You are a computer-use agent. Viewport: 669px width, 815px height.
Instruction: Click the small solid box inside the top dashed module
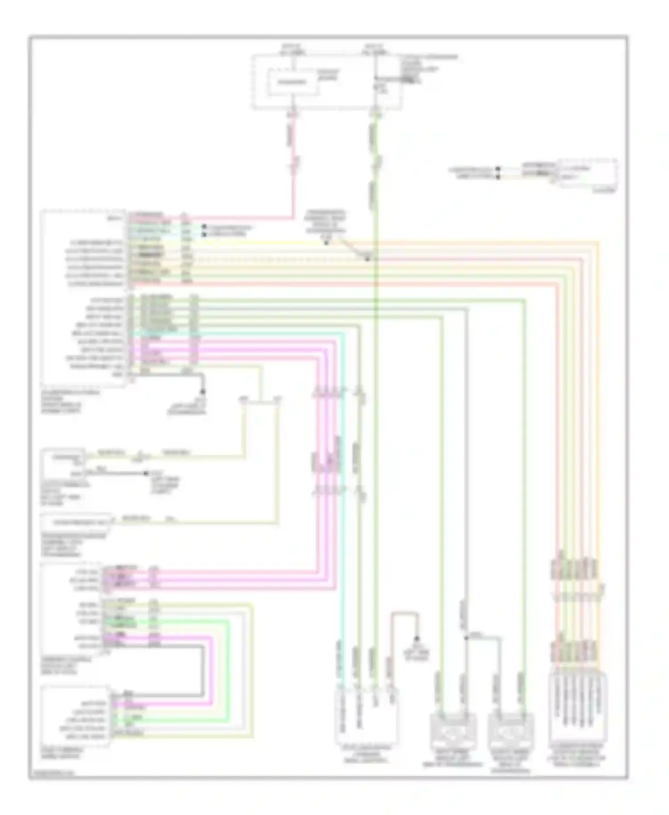pyautogui.click(x=293, y=82)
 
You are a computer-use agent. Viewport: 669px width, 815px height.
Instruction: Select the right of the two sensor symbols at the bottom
pyautogui.click(x=511, y=733)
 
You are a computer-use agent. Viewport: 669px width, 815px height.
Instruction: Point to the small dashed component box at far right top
pyautogui.click(x=588, y=174)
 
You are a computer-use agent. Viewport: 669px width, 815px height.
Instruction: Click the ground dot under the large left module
pyautogui.click(x=202, y=392)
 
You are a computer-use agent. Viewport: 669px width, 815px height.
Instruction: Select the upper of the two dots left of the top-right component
pyautogui.click(x=498, y=169)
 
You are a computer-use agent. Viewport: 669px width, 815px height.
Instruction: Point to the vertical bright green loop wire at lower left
pyautogui.click(x=229, y=669)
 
